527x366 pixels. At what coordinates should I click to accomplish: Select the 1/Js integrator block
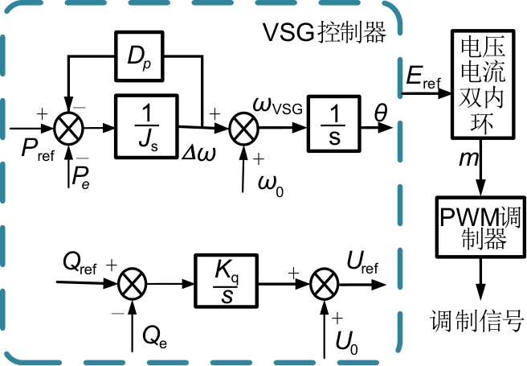[x=146, y=125]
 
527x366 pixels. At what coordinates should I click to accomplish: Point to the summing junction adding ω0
[x=242, y=127]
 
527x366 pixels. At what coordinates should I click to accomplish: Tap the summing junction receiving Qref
[x=130, y=283]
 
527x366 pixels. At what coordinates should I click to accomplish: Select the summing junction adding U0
[x=324, y=283]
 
